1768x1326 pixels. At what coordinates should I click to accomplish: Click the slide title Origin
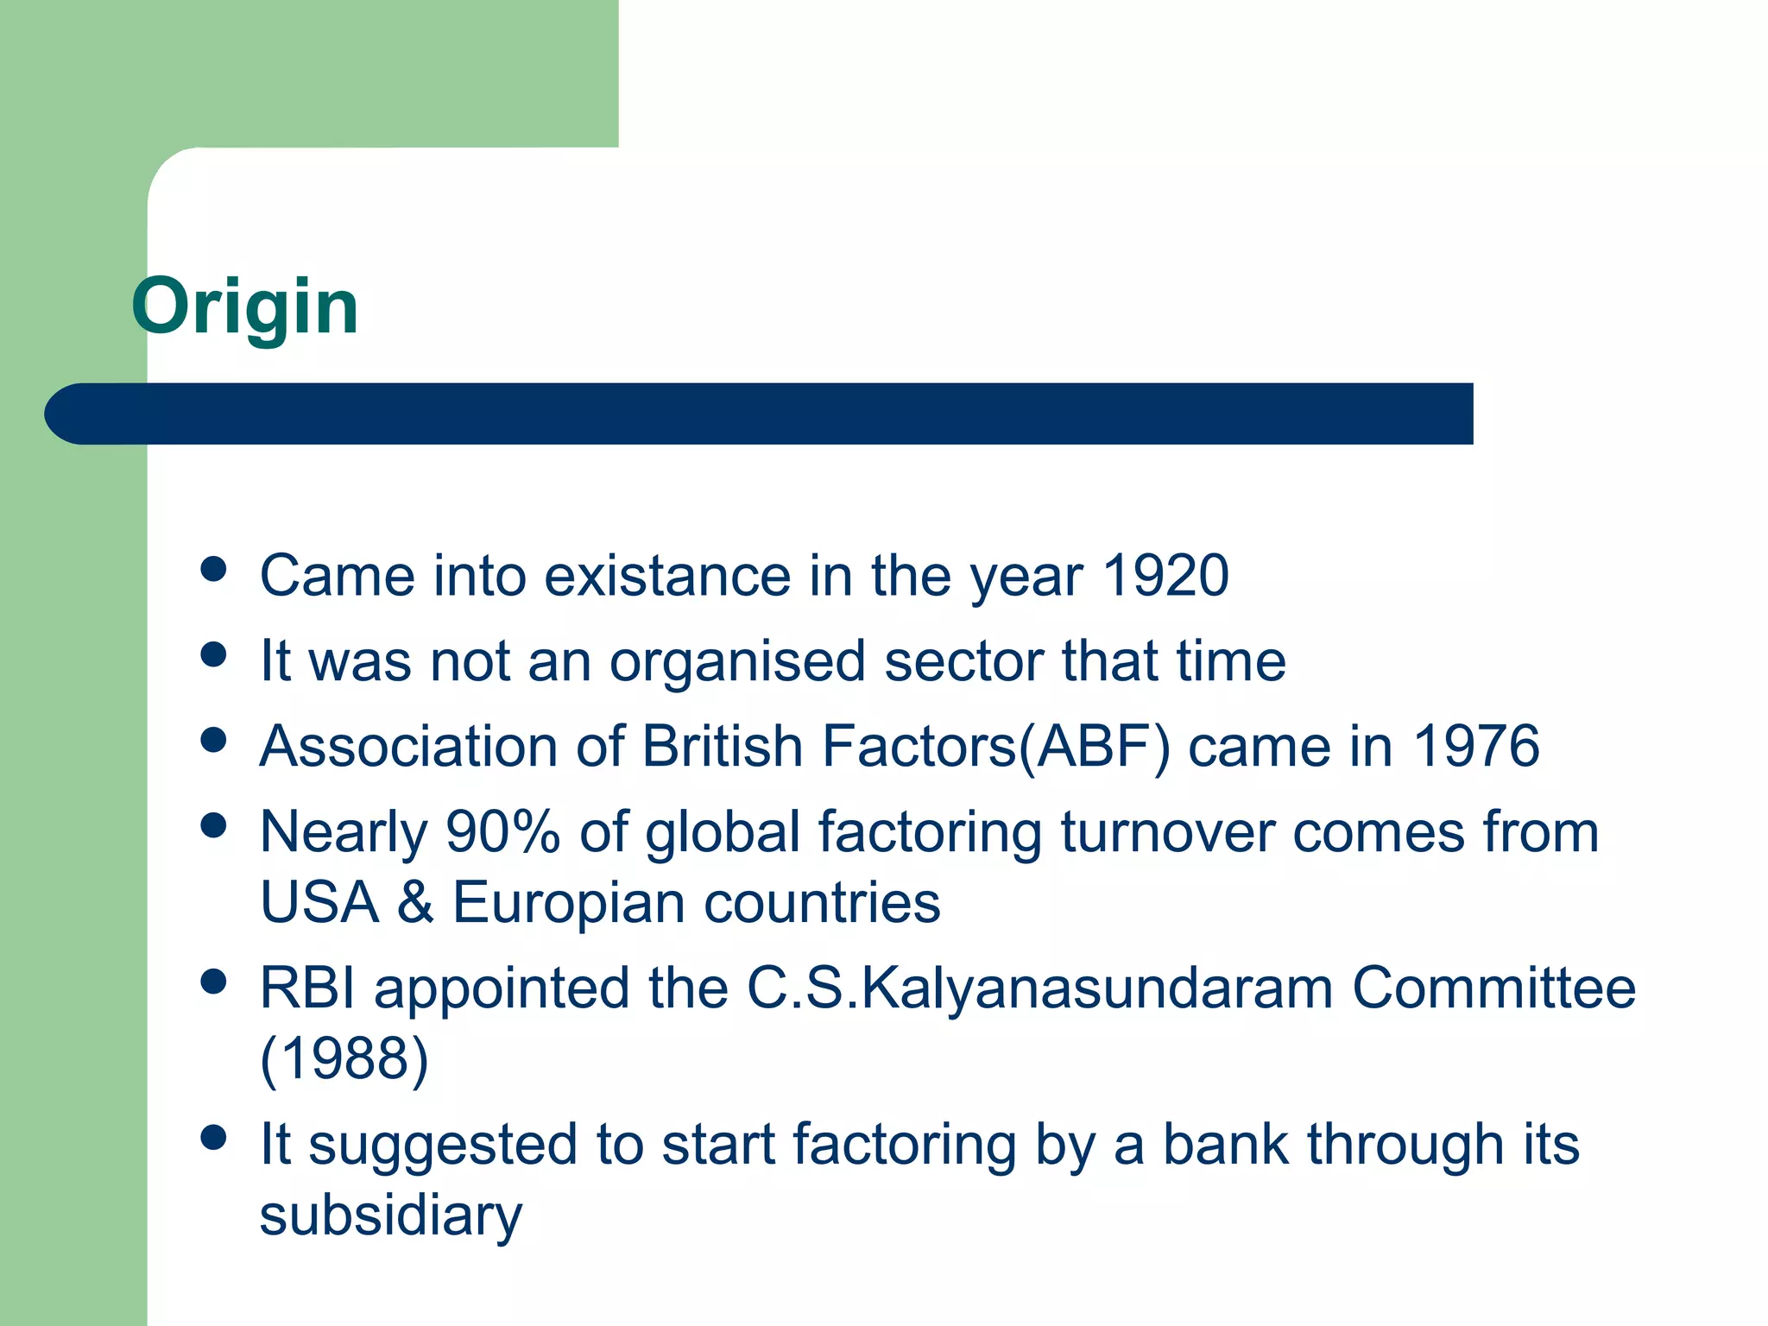click(244, 307)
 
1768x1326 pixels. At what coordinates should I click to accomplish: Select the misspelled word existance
click(666, 576)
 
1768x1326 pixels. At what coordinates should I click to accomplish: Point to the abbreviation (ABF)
click(1095, 747)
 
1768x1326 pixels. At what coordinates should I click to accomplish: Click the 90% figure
click(502, 832)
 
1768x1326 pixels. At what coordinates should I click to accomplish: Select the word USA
click(319, 903)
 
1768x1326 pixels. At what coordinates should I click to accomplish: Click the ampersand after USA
click(415, 903)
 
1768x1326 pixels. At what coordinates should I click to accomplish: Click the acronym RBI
click(307, 988)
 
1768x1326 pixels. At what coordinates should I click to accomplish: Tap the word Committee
click(1493, 988)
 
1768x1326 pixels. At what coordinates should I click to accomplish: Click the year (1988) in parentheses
click(344, 1058)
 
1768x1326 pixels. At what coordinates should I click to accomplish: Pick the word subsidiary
click(390, 1215)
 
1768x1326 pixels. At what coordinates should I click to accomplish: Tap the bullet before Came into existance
click(212, 569)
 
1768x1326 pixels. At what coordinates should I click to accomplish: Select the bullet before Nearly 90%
click(212, 825)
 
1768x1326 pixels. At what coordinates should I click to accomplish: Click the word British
click(723, 747)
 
